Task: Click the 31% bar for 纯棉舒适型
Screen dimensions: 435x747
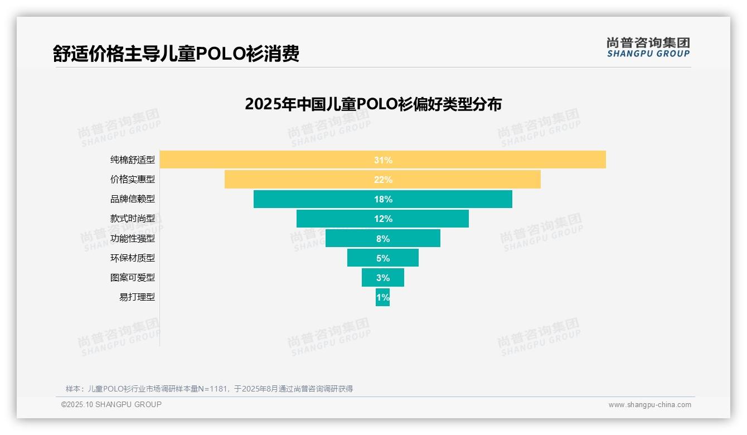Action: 382,159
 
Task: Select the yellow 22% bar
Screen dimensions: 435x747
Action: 382,180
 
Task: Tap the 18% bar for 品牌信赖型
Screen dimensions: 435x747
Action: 382,199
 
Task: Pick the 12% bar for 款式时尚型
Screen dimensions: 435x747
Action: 382,219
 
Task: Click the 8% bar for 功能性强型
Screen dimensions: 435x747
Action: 382,239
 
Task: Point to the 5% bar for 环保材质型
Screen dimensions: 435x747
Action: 382,258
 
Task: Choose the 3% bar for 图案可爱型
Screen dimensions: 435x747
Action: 382,278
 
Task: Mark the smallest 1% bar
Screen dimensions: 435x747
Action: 382,297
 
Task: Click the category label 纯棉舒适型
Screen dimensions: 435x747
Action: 133,160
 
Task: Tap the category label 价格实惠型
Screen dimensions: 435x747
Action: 133,180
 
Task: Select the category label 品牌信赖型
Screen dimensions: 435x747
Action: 133,199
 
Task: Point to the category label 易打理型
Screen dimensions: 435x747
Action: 137,297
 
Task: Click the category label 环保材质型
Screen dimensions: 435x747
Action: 133,258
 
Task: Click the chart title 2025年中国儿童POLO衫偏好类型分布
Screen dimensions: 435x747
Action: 373,104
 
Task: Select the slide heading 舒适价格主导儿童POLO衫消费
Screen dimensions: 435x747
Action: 176,54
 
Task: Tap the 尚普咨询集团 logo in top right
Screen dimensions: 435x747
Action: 648,47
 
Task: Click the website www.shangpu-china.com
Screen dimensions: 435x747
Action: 649,405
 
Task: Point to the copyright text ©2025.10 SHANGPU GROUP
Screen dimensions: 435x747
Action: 111,405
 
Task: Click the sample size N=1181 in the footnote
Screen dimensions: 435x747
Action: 209,389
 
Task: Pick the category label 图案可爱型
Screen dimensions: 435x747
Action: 133,278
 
